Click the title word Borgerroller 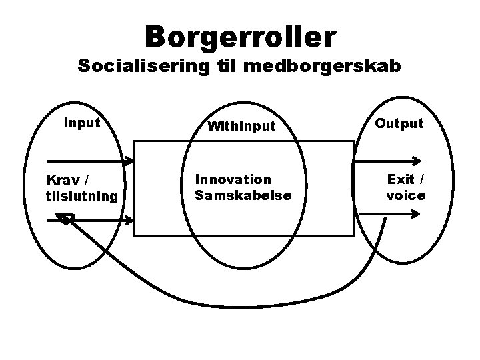click(240, 37)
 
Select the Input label click(81, 123)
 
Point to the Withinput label click(241, 126)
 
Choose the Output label click(399, 123)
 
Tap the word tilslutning click(81, 195)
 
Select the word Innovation click(233, 179)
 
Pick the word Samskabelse click(243, 195)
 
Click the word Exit click(400, 179)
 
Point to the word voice click(405, 195)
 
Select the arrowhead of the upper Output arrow click(417, 161)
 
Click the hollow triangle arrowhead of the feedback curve click(65, 218)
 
